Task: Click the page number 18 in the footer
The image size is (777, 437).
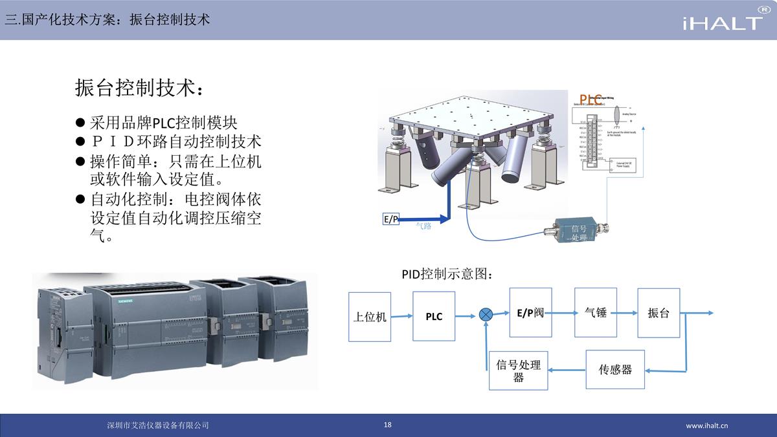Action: [x=388, y=425]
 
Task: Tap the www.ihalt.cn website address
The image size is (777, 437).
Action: [x=707, y=425]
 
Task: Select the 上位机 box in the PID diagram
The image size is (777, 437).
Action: [x=370, y=316]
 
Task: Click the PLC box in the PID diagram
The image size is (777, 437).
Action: [x=434, y=316]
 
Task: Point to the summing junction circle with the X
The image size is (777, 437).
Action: [x=486, y=315]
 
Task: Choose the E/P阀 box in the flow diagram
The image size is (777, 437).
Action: [x=530, y=313]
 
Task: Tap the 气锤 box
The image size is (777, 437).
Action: [x=596, y=313]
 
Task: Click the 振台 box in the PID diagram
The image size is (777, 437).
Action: [x=659, y=313]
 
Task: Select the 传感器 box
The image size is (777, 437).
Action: [x=615, y=370]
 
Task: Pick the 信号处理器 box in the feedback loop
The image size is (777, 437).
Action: [x=518, y=370]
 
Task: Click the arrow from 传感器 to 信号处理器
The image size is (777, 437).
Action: [x=567, y=370]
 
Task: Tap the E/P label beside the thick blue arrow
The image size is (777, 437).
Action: [x=390, y=219]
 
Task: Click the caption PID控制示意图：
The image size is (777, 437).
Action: [x=447, y=274]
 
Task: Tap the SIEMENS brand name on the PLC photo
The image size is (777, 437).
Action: [x=123, y=301]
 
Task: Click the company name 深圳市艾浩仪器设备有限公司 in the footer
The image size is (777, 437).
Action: [x=158, y=425]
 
